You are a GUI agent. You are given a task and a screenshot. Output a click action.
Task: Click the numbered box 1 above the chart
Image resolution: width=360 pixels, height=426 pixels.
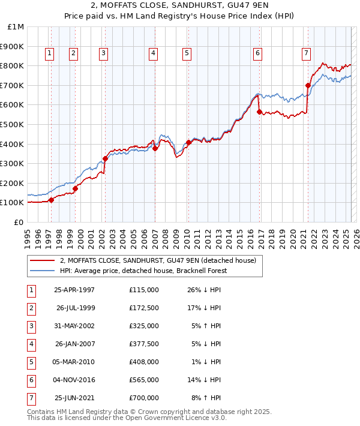point(49,53)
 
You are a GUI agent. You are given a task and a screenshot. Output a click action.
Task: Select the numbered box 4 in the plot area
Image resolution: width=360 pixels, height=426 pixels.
point(154,53)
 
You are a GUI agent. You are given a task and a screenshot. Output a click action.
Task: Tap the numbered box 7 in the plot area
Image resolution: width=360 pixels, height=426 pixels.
point(306,53)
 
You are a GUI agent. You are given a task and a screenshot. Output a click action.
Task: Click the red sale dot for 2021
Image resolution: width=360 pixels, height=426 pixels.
point(308,85)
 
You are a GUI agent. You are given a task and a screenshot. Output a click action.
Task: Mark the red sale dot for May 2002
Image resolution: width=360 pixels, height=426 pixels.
point(105,158)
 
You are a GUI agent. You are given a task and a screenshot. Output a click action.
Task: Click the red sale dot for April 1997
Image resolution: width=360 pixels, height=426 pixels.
point(51,200)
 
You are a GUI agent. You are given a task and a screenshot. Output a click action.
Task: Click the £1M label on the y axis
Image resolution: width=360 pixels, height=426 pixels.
point(16,26)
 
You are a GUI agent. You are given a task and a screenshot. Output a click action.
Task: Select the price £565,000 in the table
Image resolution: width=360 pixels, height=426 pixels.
point(144,380)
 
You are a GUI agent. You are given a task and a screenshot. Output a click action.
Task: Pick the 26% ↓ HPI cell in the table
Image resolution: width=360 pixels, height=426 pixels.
point(204,290)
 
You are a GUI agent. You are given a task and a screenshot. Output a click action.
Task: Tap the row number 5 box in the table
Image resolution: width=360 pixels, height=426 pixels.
point(30,362)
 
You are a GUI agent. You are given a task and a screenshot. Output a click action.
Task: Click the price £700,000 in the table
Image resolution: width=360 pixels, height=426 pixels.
point(144,398)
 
